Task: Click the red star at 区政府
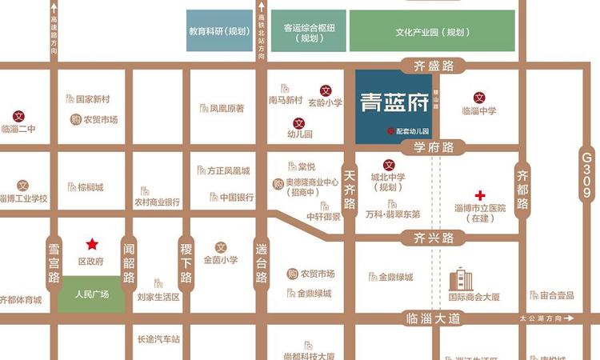[93, 244]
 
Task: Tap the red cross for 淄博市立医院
[480, 195]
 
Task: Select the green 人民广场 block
[90, 294]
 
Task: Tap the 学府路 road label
[434, 147]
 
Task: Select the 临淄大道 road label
[434, 318]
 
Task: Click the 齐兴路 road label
[434, 238]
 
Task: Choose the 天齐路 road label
[349, 194]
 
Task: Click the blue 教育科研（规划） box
[218, 32]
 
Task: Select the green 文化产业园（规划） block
[431, 32]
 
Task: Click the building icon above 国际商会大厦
[462, 279]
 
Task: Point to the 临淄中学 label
[479, 110]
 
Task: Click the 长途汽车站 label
[158, 339]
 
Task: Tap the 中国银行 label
[237, 197]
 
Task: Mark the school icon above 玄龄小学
[326, 90]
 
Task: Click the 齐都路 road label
[523, 190]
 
